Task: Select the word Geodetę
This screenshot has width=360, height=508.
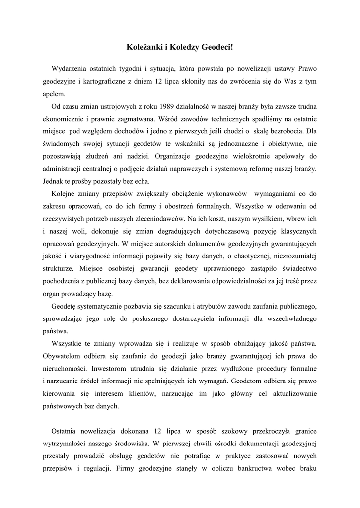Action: point(64,305)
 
